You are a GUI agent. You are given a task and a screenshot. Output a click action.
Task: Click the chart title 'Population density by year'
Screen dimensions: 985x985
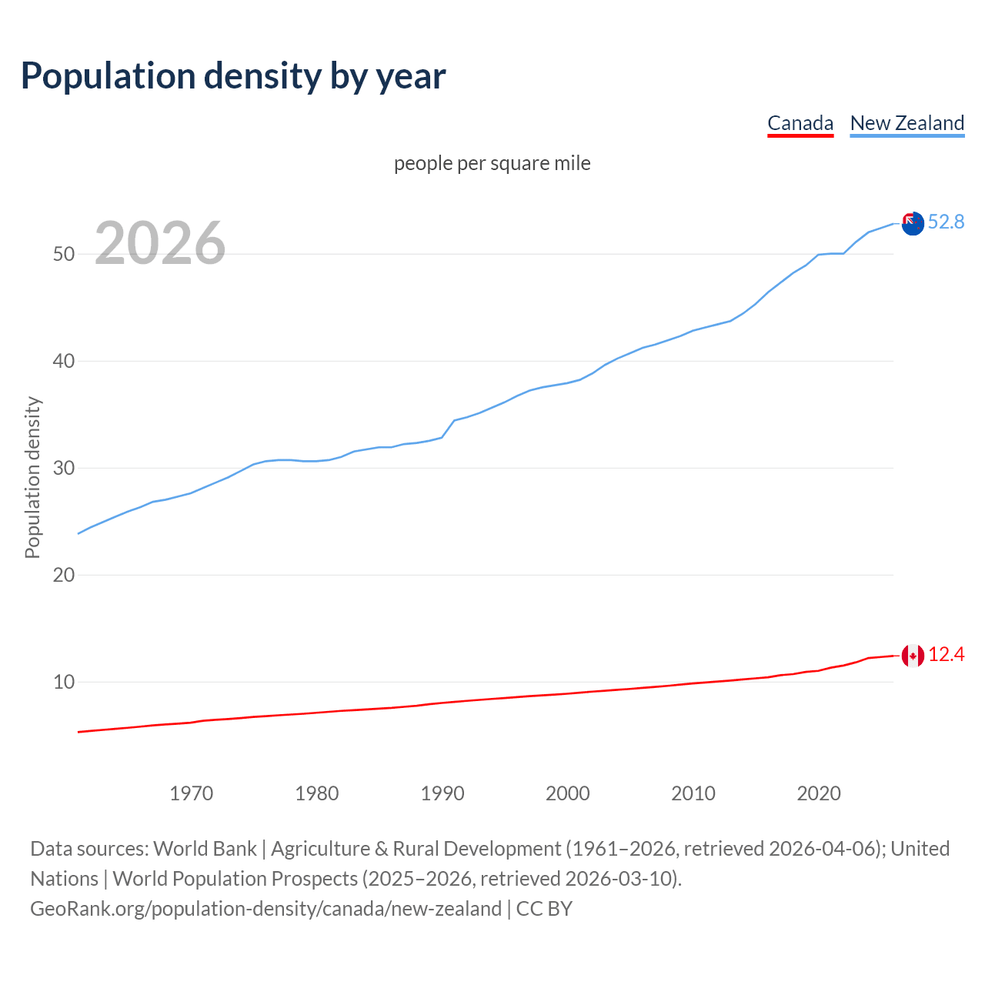click(233, 76)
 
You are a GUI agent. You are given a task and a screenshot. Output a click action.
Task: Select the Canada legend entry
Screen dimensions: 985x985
click(800, 123)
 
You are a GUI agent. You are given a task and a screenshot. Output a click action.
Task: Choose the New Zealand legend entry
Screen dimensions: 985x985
click(907, 123)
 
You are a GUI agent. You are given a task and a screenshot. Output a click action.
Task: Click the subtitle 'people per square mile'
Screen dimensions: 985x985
click(492, 163)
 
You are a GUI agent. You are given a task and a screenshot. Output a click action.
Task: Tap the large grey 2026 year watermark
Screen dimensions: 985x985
click(160, 243)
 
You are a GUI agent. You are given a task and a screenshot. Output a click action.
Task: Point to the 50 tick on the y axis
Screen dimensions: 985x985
click(64, 254)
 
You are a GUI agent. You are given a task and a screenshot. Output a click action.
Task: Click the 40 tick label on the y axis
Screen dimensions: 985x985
click(64, 361)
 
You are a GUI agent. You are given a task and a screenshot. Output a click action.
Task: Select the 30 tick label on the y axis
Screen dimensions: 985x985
click(64, 468)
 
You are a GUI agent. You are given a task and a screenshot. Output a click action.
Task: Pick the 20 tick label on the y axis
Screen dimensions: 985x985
click(64, 575)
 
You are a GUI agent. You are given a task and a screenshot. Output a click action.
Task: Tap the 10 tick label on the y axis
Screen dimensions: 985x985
click(64, 682)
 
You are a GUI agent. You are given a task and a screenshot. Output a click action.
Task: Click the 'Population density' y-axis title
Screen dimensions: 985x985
click(32, 477)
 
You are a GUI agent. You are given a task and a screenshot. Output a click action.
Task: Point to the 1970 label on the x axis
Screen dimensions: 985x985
click(192, 793)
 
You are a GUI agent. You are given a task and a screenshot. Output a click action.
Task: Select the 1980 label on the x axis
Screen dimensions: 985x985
click(317, 793)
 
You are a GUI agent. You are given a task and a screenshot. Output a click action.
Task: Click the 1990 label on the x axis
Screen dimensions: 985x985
click(442, 793)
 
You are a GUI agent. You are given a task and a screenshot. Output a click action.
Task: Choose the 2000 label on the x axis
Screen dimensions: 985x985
click(568, 793)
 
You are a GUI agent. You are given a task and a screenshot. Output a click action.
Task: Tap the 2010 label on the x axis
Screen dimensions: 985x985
click(693, 793)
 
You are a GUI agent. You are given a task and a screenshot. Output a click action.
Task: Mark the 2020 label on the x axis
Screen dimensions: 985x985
click(819, 793)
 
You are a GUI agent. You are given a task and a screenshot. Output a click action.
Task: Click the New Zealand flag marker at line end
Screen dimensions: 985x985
click(913, 224)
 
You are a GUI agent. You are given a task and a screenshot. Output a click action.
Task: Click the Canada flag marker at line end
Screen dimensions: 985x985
click(913, 656)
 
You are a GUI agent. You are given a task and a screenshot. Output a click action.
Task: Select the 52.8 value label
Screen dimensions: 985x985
click(946, 222)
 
